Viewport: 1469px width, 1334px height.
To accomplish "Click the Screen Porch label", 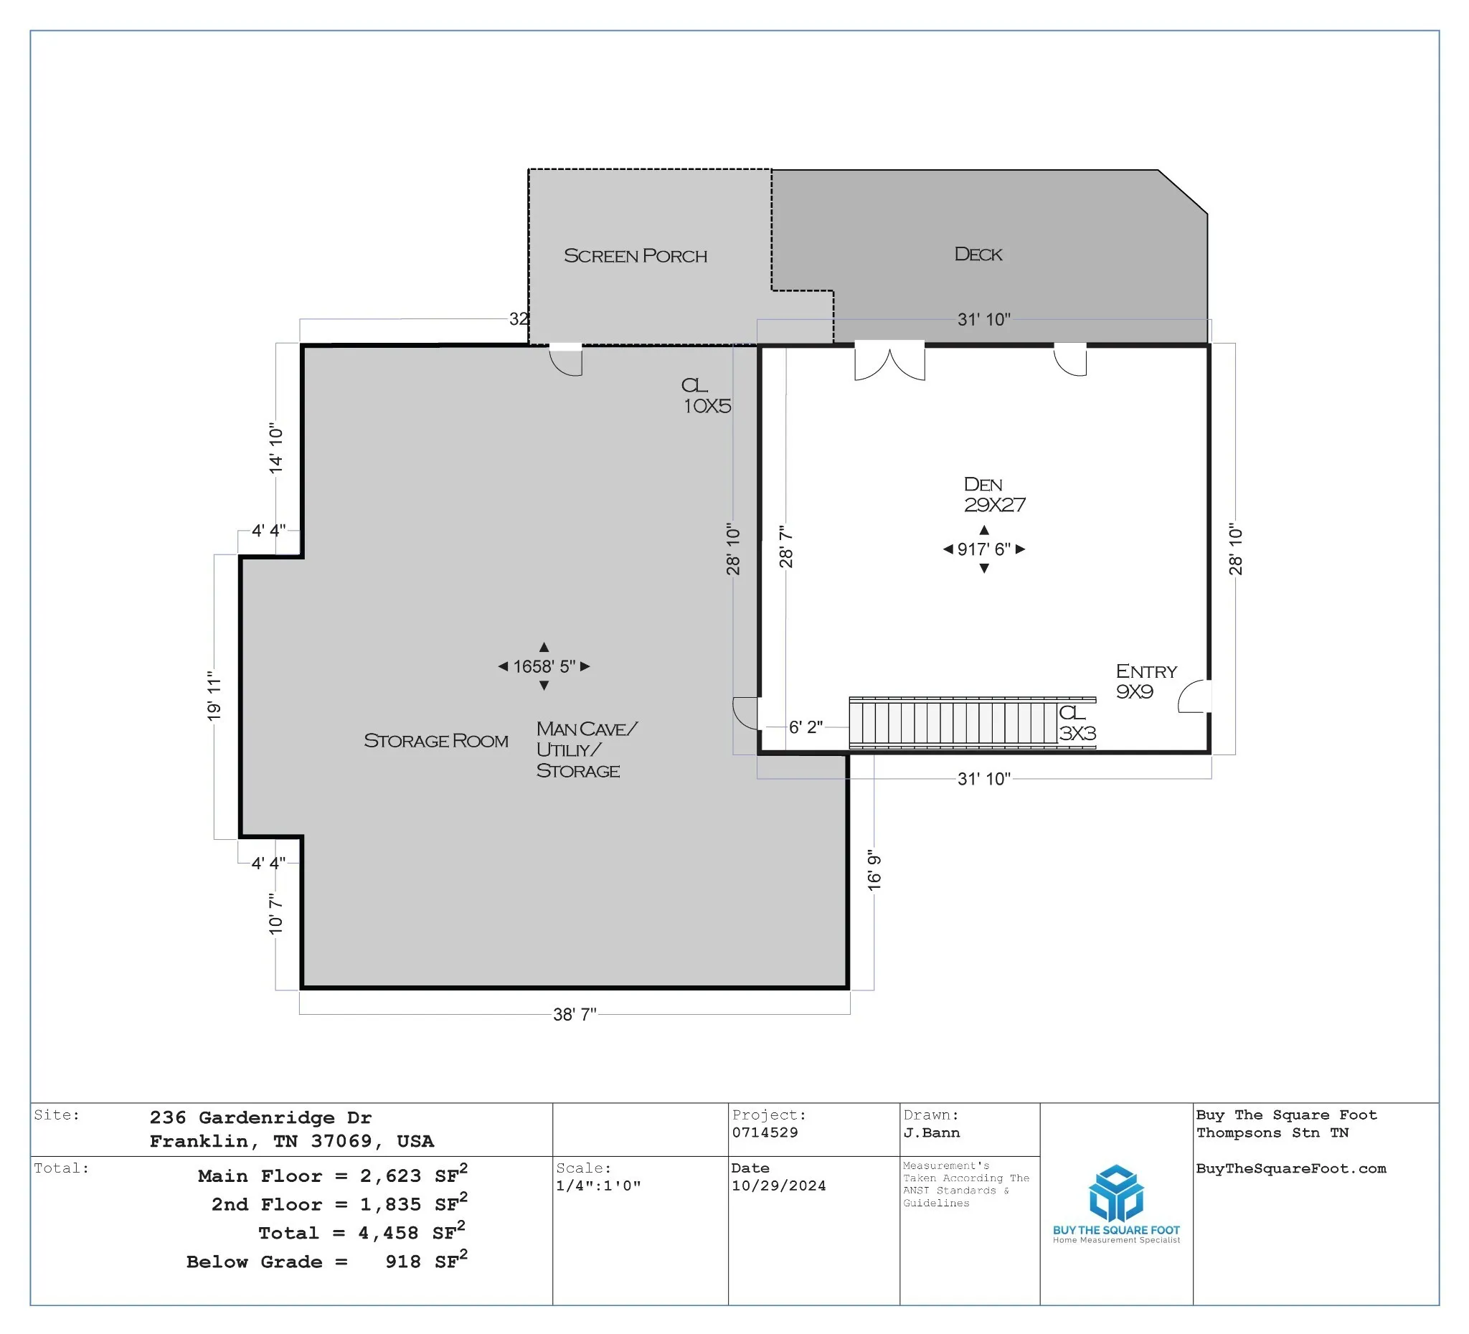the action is click(x=636, y=256).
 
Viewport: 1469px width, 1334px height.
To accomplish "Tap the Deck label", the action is click(x=978, y=255).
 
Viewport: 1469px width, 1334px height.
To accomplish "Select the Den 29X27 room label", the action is click(x=994, y=495).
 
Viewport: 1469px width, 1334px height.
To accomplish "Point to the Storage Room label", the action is click(x=435, y=741).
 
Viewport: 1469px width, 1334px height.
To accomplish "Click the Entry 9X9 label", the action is click(x=1146, y=681).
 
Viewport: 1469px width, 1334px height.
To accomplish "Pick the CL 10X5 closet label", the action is click(x=706, y=396).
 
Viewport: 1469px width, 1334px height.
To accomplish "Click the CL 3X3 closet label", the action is click(x=1077, y=723).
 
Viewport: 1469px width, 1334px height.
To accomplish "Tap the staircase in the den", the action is click(x=972, y=723).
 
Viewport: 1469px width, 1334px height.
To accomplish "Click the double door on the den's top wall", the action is click(x=889, y=361).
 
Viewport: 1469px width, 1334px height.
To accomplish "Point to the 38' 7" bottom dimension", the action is click(x=575, y=1014).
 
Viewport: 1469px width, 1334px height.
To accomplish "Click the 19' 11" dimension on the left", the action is click(x=214, y=696).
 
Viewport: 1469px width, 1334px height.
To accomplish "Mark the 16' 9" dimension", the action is click(x=874, y=870).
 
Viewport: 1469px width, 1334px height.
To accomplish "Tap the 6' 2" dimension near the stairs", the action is click(x=806, y=727).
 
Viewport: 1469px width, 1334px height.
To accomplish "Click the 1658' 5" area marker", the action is click(x=544, y=666).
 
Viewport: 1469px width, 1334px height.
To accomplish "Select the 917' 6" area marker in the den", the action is click(x=983, y=549).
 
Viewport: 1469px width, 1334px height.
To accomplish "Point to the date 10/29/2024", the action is click(x=778, y=1186).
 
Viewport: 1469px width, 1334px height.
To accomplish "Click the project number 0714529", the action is click(x=765, y=1132).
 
